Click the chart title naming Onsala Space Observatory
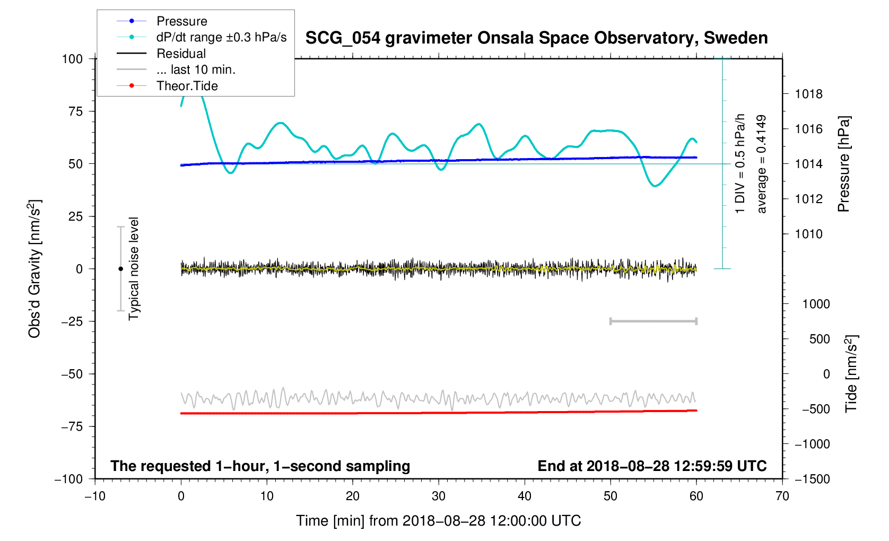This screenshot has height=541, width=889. tap(536, 38)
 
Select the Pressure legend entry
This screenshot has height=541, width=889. tap(182, 21)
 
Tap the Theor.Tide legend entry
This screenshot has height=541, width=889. tap(187, 86)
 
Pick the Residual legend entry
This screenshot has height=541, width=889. tap(181, 54)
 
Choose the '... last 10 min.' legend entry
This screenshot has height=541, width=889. tap(196, 69)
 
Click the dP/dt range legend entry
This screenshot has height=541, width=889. tap(221, 37)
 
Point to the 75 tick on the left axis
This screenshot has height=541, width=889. tap(76, 111)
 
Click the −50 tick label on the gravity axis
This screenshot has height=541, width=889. tap(72, 374)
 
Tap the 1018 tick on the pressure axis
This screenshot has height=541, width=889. tap(808, 94)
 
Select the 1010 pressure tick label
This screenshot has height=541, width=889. tap(808, 234)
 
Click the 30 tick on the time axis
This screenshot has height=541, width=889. tap(439, 496)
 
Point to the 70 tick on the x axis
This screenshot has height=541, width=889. tap(782, 496)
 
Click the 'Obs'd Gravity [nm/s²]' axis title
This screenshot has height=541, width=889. tap(34, 269)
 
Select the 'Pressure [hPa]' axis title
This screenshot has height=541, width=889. tap(843, 164)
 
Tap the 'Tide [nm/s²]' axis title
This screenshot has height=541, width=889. tap(851, 374)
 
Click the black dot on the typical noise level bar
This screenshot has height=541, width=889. tap(120, 269)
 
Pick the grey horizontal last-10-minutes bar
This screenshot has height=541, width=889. tap(653, 321)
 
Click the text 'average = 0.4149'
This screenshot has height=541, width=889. tap(762, 164)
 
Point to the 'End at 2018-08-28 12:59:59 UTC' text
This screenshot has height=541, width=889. tap(652, 466)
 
